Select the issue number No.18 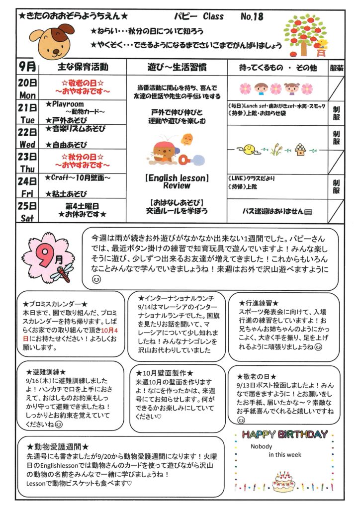252,16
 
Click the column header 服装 337,67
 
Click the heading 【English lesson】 177,177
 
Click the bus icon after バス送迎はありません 309,211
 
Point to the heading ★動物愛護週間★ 58,446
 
